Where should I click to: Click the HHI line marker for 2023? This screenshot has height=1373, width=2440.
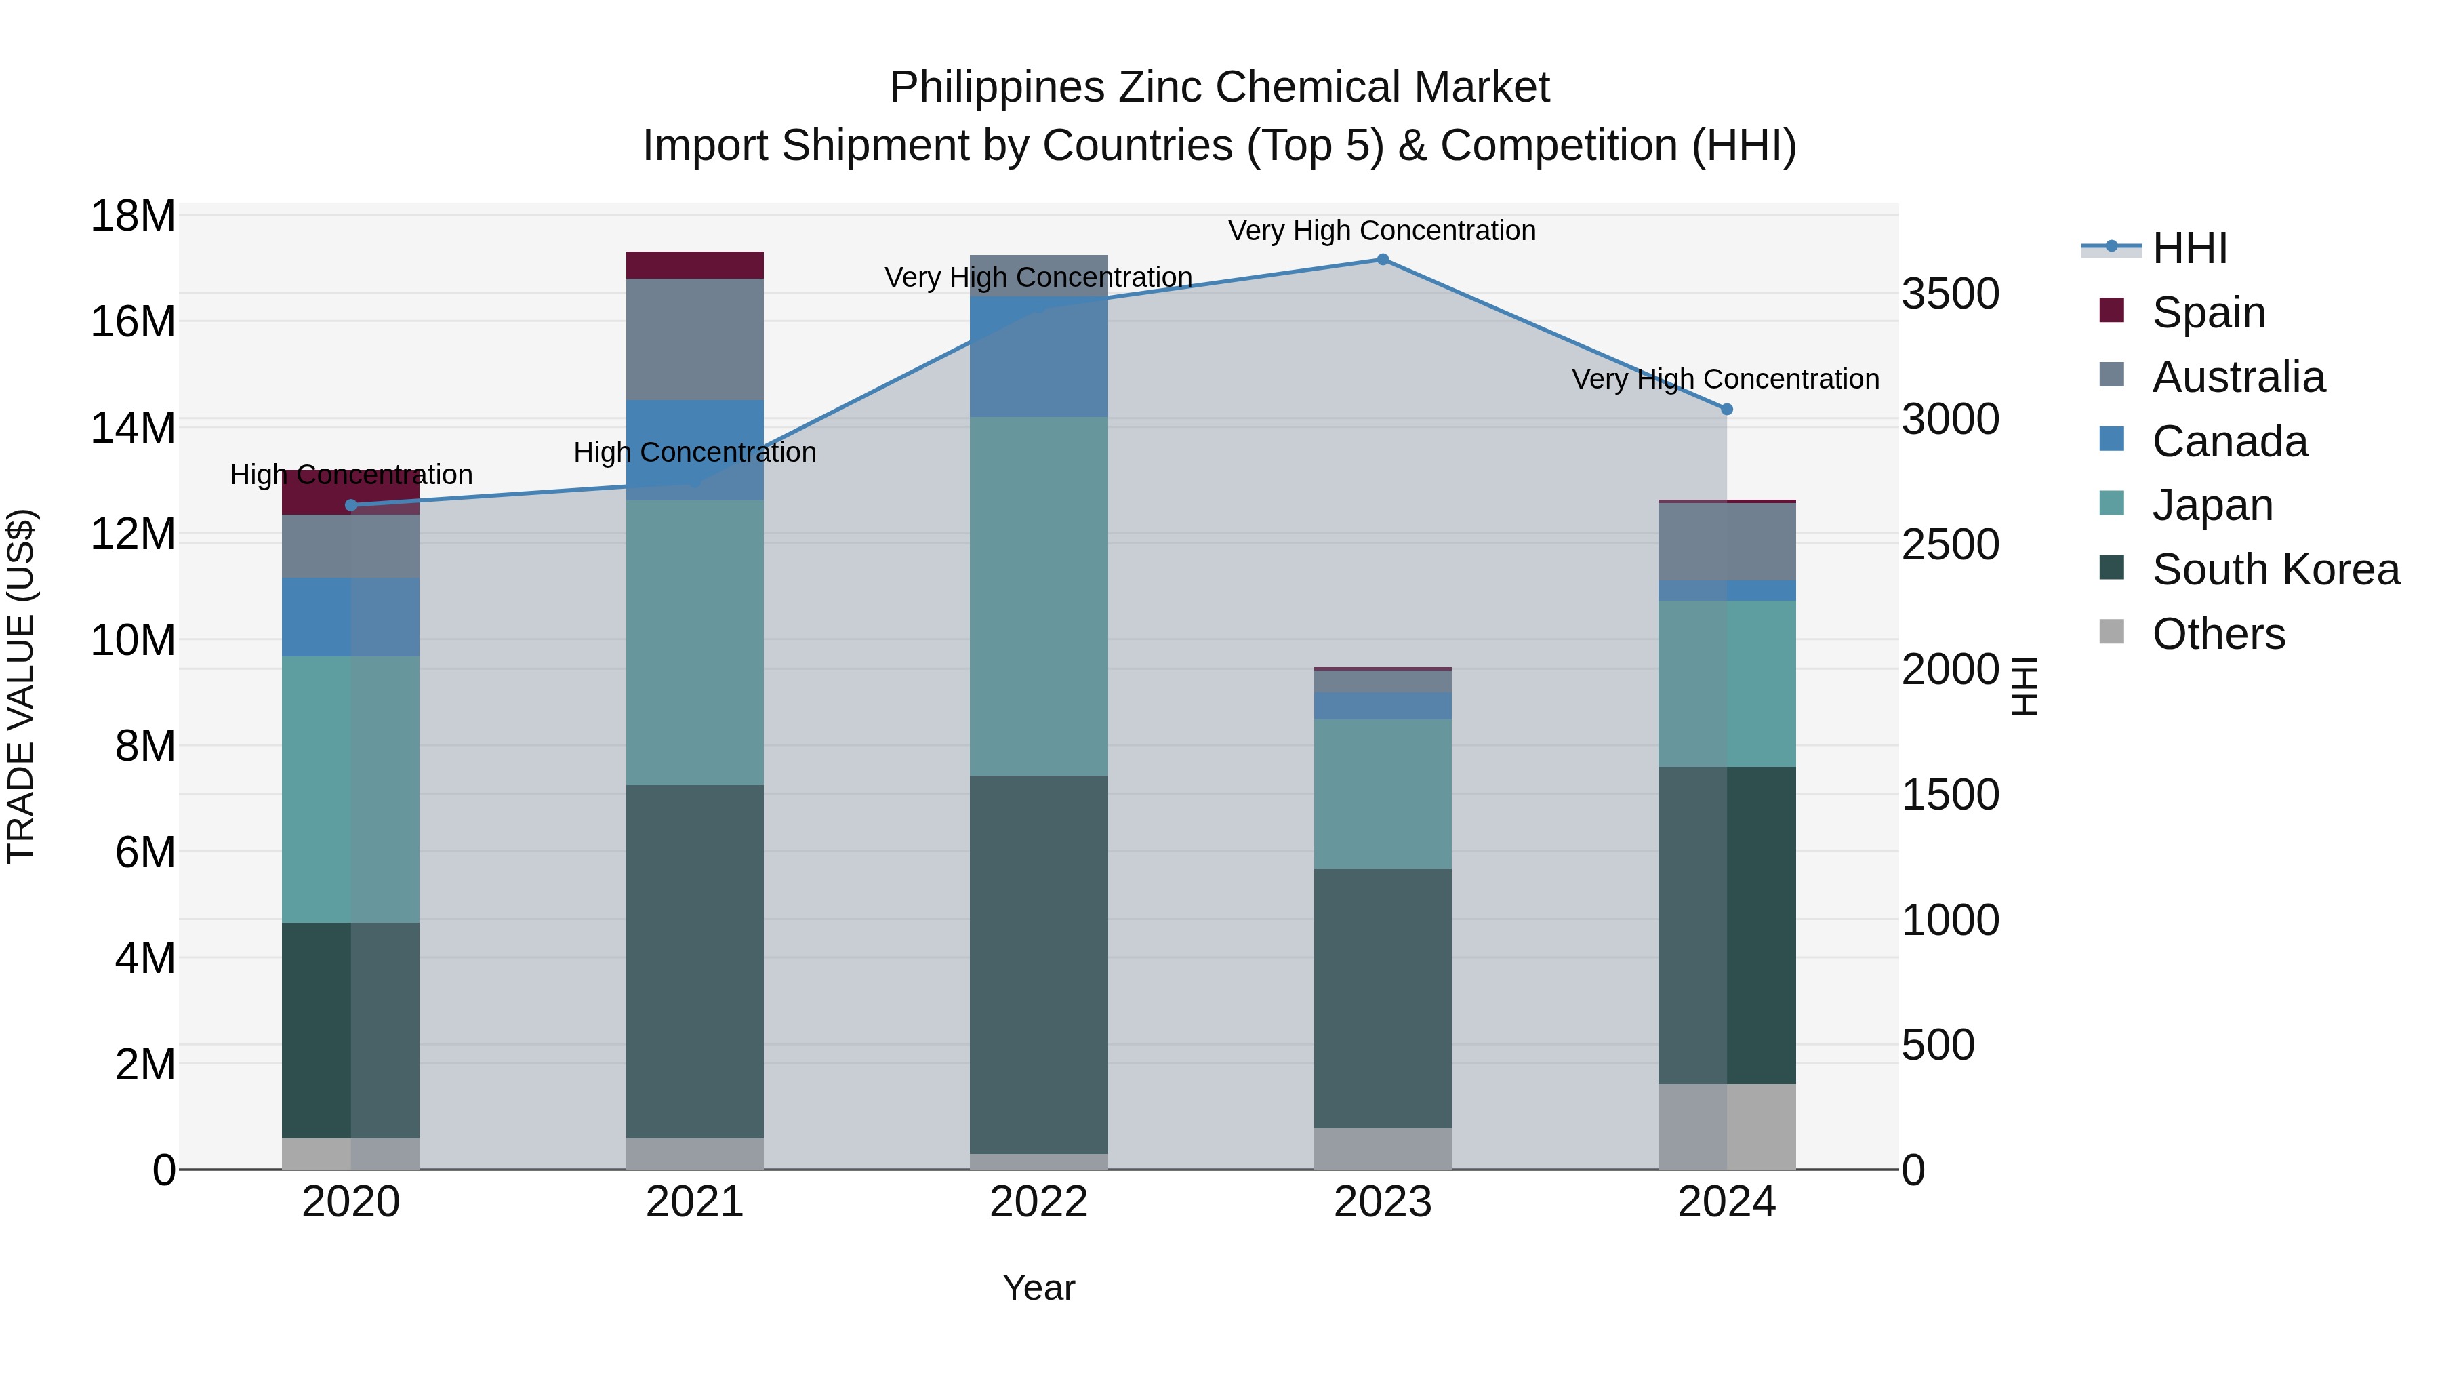coord(1382,260)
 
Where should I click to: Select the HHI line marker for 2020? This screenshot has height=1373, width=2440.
coord(351,505)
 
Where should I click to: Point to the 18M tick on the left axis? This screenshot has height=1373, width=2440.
coord(133,216)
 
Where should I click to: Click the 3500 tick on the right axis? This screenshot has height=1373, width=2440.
coord(1950,294)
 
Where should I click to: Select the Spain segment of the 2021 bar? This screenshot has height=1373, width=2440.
coord(694,265)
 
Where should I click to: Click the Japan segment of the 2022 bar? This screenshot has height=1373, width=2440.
coord(1038,596)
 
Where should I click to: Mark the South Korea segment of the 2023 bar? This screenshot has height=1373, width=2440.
coord(1382,998)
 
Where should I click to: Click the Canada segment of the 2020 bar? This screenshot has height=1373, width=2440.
coord(350,617)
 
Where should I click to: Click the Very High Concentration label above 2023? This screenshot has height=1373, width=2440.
coord(1382,231)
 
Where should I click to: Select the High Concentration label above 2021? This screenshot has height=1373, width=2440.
coord(694,453)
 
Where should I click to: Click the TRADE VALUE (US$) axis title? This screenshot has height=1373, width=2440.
coord(21,686)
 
